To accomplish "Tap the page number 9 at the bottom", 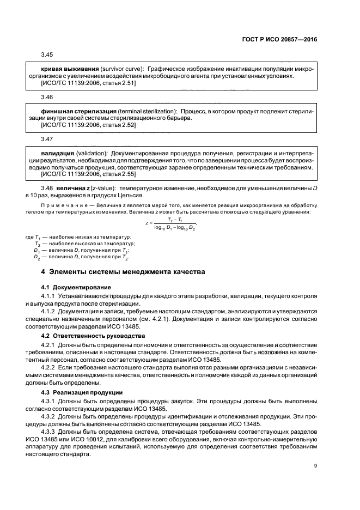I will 315,465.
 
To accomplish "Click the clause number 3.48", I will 46,189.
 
